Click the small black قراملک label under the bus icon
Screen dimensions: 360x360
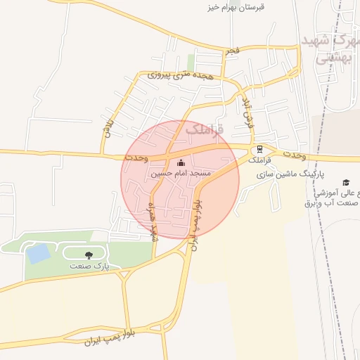[260, 160]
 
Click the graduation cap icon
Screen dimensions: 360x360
[345, 183]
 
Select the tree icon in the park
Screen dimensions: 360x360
[89, 255]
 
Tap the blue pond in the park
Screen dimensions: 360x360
[37, 252]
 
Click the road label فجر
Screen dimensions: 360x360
[233, 51]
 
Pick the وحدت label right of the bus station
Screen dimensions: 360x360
[295, 154]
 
